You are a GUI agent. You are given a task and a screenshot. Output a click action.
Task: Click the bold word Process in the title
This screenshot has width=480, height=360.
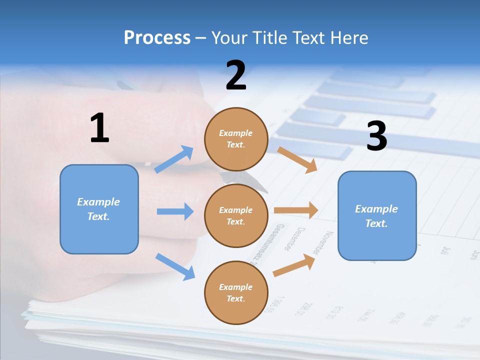[x=157, y=38]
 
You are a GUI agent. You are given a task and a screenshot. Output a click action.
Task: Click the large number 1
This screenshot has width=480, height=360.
[x=99, y=128]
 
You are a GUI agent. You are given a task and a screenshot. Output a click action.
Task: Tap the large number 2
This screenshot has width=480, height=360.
[x=236, y=75]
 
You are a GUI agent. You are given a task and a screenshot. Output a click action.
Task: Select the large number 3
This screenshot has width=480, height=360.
[x=376, y=136]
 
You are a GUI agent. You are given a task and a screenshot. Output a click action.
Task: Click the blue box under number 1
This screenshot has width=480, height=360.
[x=99, y=209]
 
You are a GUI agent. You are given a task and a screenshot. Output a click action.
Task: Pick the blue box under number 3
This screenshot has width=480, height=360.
[x=377, y=215]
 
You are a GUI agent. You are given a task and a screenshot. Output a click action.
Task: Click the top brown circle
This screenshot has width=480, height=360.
[x=236, y=139]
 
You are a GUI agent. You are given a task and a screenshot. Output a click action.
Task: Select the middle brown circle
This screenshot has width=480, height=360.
[x=236, y=215]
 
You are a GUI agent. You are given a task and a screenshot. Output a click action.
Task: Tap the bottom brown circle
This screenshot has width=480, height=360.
[x=236, y=292]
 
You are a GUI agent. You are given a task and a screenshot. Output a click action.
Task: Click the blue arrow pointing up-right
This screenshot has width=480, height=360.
[x=174, y=159]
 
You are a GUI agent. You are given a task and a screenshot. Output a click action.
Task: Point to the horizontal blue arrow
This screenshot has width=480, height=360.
[x=175, y=211]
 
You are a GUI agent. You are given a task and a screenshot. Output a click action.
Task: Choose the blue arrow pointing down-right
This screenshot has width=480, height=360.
[x=175, y=266]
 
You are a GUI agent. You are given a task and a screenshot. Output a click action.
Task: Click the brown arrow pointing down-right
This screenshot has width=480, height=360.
[x=297, y=159]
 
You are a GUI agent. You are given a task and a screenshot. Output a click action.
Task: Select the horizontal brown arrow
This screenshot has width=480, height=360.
[x=296, y=210]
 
